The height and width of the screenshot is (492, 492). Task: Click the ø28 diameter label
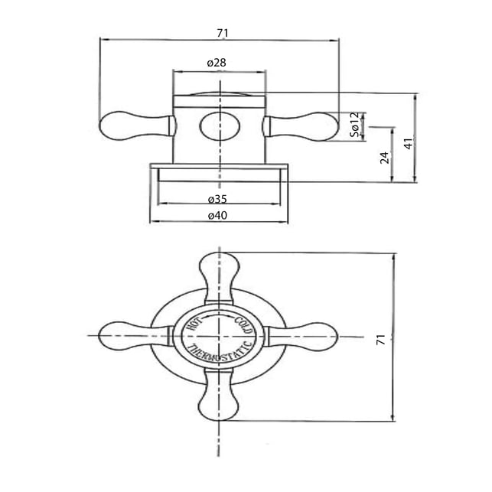217,63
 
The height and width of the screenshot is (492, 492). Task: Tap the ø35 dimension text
217,199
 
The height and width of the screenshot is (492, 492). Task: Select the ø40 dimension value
217,215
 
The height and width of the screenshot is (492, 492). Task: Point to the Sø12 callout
354,125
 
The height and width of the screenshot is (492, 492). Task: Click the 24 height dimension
384,158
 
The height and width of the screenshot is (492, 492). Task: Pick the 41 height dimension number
408,143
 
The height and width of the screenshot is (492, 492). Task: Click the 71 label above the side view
223,33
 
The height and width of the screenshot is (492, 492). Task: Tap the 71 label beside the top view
380,340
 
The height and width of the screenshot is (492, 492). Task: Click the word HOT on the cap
195,323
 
